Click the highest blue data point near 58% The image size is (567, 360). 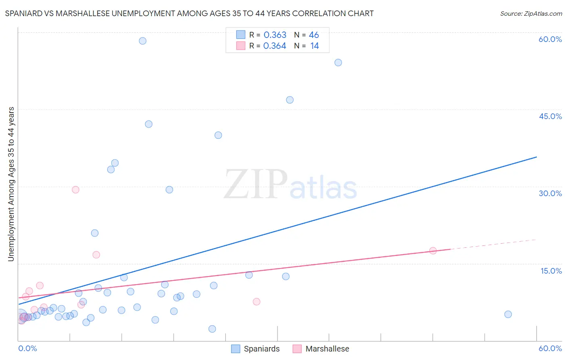pos(142,41)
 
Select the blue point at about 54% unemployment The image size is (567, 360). pos(338,63)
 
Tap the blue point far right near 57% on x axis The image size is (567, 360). pos(508,314)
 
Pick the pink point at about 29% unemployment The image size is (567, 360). pos(75,190)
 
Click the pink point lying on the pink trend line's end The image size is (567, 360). pos(433,251)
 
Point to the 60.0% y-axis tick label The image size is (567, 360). pos(550,39)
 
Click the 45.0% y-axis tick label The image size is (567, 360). pos(550,116)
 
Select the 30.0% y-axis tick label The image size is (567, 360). pos(550,193)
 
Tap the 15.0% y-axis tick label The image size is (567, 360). pos(551,271)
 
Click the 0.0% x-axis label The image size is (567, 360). pos(27,348)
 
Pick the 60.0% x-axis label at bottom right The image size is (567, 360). pos(550,348)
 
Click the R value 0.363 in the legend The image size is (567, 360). pos(275,35)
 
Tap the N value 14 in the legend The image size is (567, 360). pos(315,46)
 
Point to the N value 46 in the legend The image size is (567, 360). pos(314,35)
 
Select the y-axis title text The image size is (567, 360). pos(11,184)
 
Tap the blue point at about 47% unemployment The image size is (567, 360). pos(290,100)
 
